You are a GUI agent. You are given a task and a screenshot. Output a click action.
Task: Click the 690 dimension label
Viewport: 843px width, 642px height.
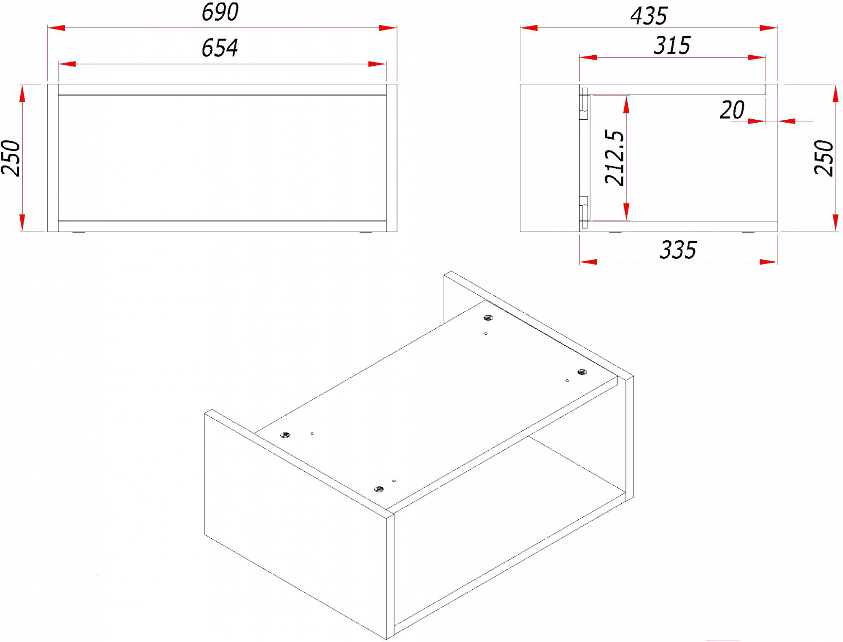[x=220, y=12]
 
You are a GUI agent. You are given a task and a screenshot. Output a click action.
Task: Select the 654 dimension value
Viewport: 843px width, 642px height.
[x=220, y=48]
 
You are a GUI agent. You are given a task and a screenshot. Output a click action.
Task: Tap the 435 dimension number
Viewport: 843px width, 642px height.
[x=649, y=16]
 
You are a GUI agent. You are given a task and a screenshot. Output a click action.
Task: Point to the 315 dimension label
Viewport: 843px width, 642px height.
[x=672, y=46]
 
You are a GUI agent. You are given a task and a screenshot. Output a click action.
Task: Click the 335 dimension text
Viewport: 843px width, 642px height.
[x=678, y=250]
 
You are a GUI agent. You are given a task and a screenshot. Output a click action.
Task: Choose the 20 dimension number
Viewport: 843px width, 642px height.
[x=732, y=110]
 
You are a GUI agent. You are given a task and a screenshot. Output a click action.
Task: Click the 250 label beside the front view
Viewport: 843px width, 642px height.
[x=11, y=158]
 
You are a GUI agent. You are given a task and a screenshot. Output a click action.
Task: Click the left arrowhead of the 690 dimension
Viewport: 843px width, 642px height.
[x=56, y=28]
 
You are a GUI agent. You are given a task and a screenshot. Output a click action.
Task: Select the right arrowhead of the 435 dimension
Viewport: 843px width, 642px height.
[x=768, y=28]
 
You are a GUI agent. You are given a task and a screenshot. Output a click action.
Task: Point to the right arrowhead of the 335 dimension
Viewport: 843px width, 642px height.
[x=768, y=262]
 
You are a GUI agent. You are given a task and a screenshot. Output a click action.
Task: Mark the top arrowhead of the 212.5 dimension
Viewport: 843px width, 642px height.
[x=626, y=105]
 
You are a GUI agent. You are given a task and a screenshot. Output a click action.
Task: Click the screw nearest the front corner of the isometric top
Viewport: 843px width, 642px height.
[x=379, y=489]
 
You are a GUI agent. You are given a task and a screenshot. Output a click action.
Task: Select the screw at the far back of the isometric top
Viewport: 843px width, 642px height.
[x=488, y=317]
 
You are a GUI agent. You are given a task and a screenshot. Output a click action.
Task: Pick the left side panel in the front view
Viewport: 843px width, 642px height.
[x=53, y=158]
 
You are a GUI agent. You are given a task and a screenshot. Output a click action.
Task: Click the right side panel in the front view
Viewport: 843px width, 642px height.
[x=392, y=158]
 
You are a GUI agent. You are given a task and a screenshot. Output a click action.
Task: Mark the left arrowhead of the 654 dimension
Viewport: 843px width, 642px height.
[x=67, y=64]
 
